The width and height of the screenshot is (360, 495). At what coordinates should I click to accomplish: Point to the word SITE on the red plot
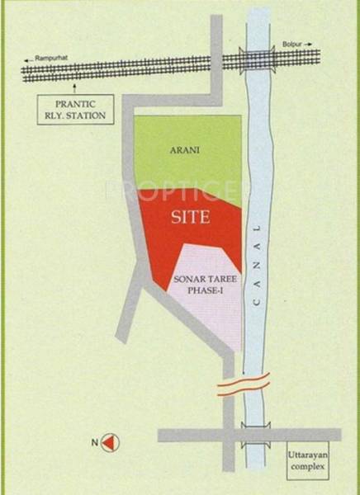pyautogui.click(x=191, y=219)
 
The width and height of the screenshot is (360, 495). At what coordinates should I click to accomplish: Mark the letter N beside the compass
pyautogui.click(x=96, y=444)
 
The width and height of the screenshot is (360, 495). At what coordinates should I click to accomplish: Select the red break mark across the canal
pyautogui.click(x=244, y=385)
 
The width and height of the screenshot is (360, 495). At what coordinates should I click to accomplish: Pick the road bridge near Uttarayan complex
pyautogui.click(x=257, y=435)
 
